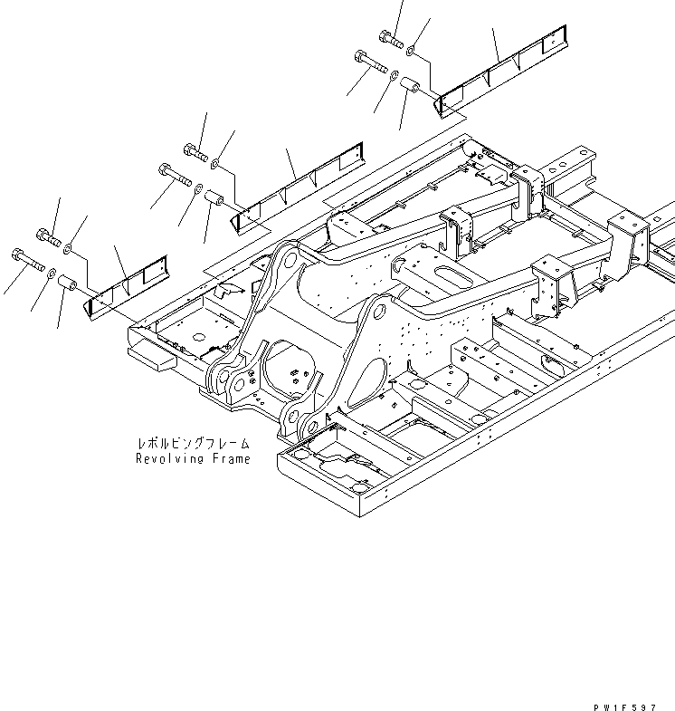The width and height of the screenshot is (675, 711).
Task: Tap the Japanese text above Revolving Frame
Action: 192,445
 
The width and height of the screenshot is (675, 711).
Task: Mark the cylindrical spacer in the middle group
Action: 215,197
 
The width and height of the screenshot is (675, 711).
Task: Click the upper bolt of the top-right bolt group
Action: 390,37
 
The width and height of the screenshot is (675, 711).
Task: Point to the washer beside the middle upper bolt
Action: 215,164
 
